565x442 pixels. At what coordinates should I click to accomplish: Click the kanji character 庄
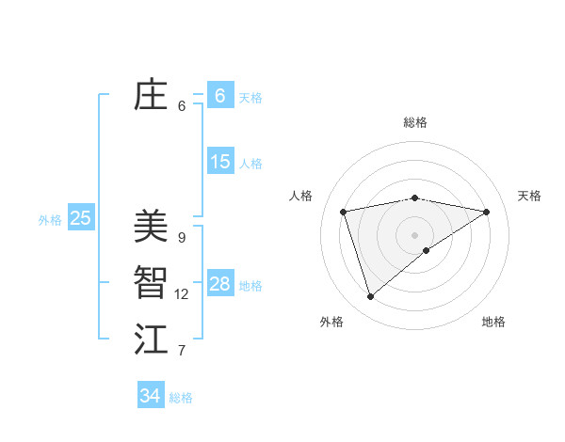tap(151, 95)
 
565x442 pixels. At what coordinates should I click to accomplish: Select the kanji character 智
tap(151, 283)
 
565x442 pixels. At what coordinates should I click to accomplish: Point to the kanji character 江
tap(151, 339)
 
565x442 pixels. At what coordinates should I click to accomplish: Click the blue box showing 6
tap(219, 96)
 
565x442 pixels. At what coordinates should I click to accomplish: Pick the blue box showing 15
tap(219, 162)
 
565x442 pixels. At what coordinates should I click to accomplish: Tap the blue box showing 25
tap(80, 218)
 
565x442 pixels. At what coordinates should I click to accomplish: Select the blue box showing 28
tap(219, 284)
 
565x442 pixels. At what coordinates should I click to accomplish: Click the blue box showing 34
tap(150, 396)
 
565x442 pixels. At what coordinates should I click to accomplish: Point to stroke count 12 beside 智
tap(182, 294)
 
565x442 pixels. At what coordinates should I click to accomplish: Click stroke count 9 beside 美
tap(182, 237)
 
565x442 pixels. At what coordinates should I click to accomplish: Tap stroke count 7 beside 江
tap(182, 351)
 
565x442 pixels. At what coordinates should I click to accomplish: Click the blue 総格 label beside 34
tap(181, 398)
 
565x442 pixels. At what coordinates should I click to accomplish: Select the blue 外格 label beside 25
tap(50, 220)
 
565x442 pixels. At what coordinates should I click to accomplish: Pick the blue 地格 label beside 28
tap(250, 286)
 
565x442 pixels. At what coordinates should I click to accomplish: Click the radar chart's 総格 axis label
tap(415, 122)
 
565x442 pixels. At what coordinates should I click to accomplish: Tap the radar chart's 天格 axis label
tap(529, 196)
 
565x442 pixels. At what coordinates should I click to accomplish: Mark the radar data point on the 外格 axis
tap(371, 297)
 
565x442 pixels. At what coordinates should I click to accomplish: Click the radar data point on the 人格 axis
tap(344, 212)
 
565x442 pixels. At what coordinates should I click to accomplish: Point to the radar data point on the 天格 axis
tap(487, 212)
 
